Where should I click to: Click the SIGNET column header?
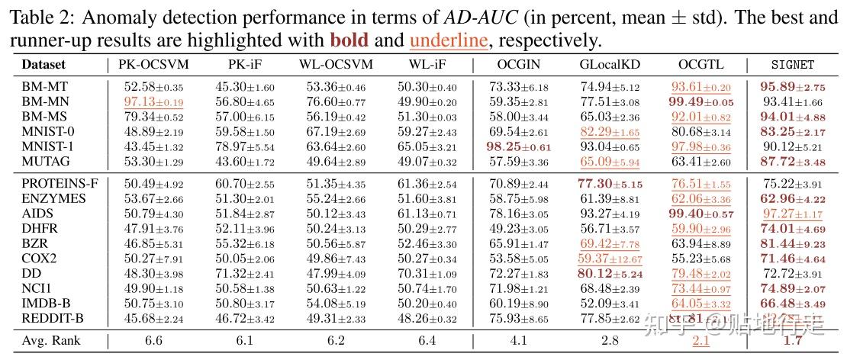793,66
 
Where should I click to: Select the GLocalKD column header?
609,66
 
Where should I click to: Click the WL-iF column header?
427,66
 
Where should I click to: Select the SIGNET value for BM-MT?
793,88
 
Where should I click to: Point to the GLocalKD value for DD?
609,273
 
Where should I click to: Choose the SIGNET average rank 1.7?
793,340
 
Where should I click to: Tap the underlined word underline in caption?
449,39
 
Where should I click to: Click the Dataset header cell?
43,66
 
